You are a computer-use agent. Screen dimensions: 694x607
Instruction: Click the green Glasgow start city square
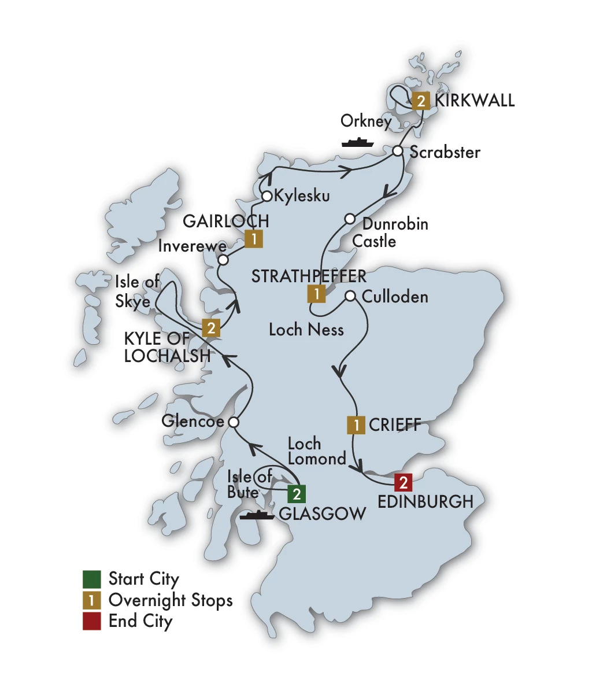pyautogui.click(x=297, y=494)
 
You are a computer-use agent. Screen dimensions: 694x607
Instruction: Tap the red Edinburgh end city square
pyautogui.click(x=403, y=482)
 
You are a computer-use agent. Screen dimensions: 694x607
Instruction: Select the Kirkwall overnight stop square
pyautogui.click(x=421, y=101)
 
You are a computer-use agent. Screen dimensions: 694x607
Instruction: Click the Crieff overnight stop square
pyautogui.click(x=356, y=425)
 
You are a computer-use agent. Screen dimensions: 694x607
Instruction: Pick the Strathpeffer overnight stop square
pyautogui.click(x=316, y=294)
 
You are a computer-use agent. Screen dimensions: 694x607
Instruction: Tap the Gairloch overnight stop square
pyautogui.click(x=253, y=239)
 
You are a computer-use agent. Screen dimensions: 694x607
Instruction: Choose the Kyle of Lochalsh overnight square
pyautogui.click(x=211, y=328)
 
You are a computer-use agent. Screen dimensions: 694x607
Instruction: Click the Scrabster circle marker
pyautogui.click(x=398, y=151)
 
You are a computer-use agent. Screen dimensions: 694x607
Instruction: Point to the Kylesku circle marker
pyautogui.click(x=267, y=196)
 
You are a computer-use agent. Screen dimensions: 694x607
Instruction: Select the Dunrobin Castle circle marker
pyautogui.click(x=350, y=219)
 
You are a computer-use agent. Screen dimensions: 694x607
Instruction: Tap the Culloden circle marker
pyautogui.click(x=350, y=296)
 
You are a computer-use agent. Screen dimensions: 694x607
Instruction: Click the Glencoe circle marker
pyautogui.click(x=234, y=422)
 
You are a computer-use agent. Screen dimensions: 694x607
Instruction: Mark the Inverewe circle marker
pyautogui.click(x=223, y=260)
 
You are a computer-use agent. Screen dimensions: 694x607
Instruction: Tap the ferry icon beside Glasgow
pyautogui.click(x=257, y=514)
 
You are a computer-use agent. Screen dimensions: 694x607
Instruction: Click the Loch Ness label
pyautogui.click(x=306, y=330)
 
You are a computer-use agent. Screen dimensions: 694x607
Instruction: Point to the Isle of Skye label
pyautogui.click(x=137, y=291)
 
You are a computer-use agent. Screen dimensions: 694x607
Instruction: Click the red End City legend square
pyautogui.click(x=92, y=621)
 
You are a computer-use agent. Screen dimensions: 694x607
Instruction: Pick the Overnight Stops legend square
pyautogui.click(x=92, y=600)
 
